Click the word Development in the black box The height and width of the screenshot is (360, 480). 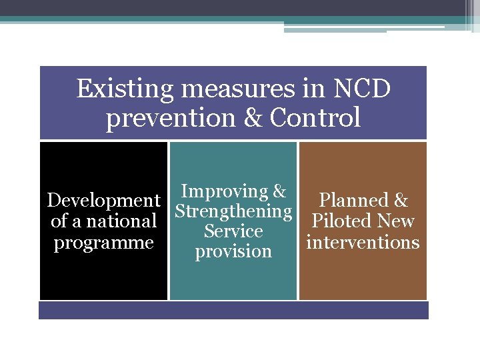pos(103,201)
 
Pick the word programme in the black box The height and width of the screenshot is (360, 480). pos(103,243)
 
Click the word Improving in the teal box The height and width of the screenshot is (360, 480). pos(223,191)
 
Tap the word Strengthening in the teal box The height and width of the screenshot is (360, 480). pos(233,211)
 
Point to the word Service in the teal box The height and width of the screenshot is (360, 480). pos(233,231)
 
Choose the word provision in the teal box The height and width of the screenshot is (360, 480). pos(233,252)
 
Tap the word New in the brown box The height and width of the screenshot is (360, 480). pos(395,221)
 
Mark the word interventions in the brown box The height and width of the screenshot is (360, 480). pos(363,242)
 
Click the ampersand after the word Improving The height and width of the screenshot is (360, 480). pos(279,191)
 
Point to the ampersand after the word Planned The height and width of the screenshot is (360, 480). pos(401,201)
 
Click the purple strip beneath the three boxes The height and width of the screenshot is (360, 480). pos(233,310)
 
